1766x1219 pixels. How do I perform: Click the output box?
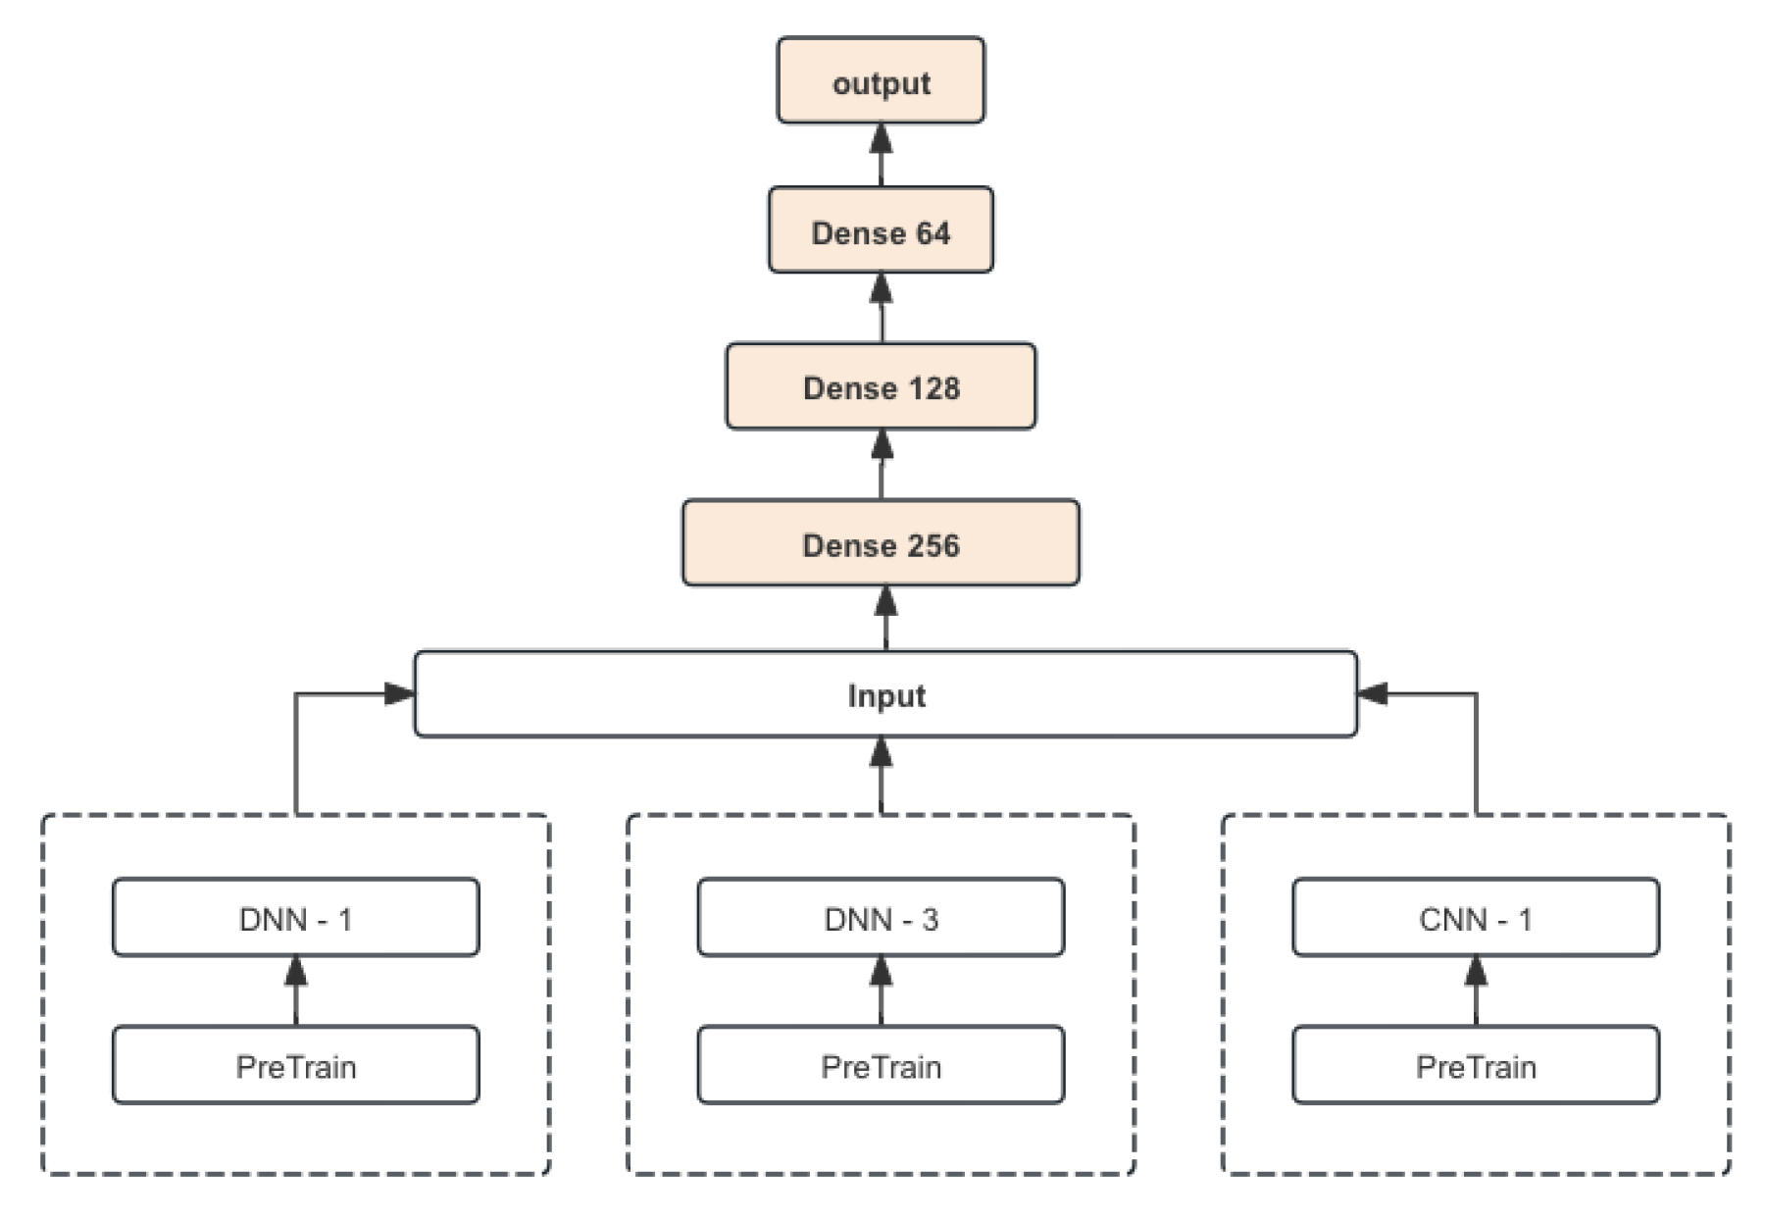(x=880, y=80)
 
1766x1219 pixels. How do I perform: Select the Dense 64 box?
(x=880, y=230)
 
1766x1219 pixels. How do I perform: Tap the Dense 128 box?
(x=880, y=386)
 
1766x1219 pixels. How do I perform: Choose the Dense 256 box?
(x=880, y=543)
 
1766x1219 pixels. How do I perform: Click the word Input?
(x=885, y=696)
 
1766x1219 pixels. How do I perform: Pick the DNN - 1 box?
(x=295, y=918)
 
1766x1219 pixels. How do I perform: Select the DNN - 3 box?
(x=880, y=918)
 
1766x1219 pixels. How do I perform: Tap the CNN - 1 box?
(x=1475, y=918)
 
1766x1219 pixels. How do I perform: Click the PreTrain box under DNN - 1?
(x=295, y=1066)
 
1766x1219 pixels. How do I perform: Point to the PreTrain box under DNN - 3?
(x=880, y=1066)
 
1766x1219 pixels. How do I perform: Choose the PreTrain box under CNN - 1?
(x=1475, y=1066)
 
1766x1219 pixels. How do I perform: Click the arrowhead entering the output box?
(x=881, y=138)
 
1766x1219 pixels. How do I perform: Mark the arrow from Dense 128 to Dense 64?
(x=881, y=308)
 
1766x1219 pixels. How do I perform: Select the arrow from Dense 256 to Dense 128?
(x=881, y=464)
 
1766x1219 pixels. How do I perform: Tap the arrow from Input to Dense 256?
(x=885, y=619)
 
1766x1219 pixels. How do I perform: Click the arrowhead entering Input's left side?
(x=399, y=693)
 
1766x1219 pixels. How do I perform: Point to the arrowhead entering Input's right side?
(x=1373, y=693)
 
